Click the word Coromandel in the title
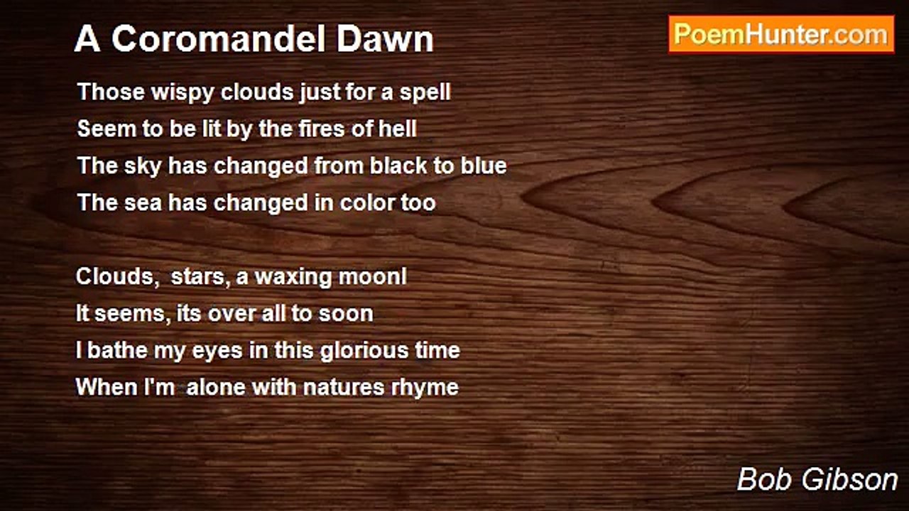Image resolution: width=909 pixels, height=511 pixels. (x=219, y=39)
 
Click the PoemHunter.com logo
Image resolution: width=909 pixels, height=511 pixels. (x=781, y=35)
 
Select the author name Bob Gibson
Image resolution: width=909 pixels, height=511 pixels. (x=817, y=479)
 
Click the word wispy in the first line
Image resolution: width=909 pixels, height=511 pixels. (x=183, y=93)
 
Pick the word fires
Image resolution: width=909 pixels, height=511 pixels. (x=322, y=129)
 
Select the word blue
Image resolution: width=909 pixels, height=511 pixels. (x=484, y=165)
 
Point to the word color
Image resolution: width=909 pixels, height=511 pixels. (x=367, y=202)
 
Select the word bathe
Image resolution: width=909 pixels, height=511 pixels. (x=117, y=350)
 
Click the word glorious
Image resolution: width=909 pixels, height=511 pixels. (x=364, y=351)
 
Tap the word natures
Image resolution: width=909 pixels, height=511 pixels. (x=344, y=388)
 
